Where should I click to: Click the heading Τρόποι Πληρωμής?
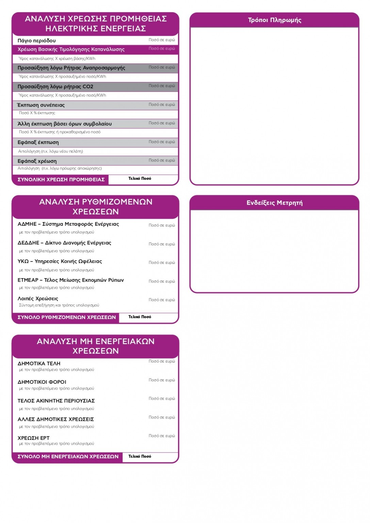pyautogui.click(x=274, y=20)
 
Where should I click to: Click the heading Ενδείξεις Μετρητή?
pyautogui.click(x=274, y=203)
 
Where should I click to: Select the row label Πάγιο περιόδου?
pyautogui.click(x=37, y=41)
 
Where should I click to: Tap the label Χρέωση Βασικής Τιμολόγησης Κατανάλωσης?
pyautogui.click(x=71, y=49)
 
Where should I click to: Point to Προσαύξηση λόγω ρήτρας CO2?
pyautogui.click(x=55, y=86)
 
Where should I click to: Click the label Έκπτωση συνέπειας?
pyautogui.click(x=41, y=105)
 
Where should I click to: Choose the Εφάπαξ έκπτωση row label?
pyautogui.click(x=38, y=142)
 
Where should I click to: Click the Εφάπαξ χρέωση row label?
pyautogui.click(x=37, y=161)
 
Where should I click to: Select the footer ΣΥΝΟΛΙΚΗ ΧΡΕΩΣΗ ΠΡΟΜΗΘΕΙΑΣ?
pyautogui.click(x=61, y=179)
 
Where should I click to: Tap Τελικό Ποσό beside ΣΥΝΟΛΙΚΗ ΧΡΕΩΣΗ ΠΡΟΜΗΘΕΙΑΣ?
pyautogui.click(x=140, y=178)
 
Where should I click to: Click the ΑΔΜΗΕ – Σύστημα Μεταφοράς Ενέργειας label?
pyautogui.click(x=68, y=224)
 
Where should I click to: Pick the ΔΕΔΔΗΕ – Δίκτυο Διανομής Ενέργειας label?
pyautogui.click(x=64, y=243)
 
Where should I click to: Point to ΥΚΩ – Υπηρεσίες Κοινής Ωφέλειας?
pyautogui.click(x=60, y=261)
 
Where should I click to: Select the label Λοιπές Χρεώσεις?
pyautogui.click(x=38, y=299)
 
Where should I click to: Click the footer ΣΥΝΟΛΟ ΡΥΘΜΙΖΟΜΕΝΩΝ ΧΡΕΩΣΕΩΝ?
pyautogui.click(x=67, y=317)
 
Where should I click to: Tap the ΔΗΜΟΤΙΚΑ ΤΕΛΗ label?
pyautogui.click(x=39, y=364)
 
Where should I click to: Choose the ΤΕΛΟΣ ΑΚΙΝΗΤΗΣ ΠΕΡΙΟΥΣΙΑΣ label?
pyautogui.click(x=56, y=401)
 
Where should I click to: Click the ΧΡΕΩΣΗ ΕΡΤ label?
pyautogui.click(x=34, y=438)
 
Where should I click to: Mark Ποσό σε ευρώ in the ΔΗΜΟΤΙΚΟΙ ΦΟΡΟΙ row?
pyautogui.click(x=162, y=380)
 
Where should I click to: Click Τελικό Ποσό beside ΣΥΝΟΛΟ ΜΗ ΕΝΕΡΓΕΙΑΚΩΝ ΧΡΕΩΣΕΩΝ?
pyautogui.click(x=140, y=456)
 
